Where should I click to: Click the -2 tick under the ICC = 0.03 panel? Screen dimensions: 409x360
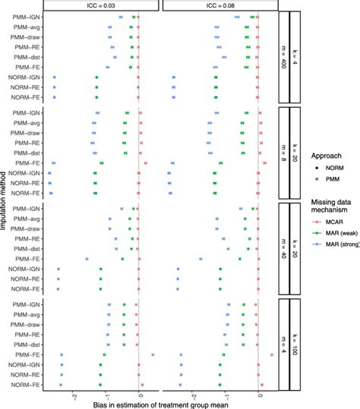pos(74,395)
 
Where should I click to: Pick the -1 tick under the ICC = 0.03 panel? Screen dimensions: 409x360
pos(106,395)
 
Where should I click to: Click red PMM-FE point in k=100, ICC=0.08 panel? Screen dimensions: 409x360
pos(271,354)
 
